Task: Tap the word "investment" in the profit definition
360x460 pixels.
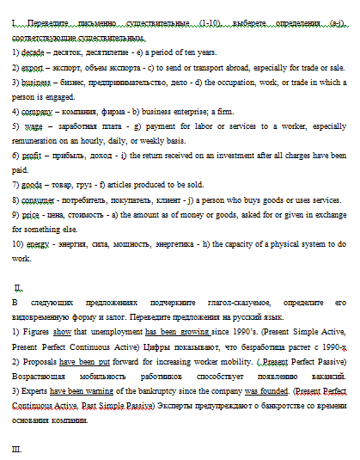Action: (244, 156)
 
